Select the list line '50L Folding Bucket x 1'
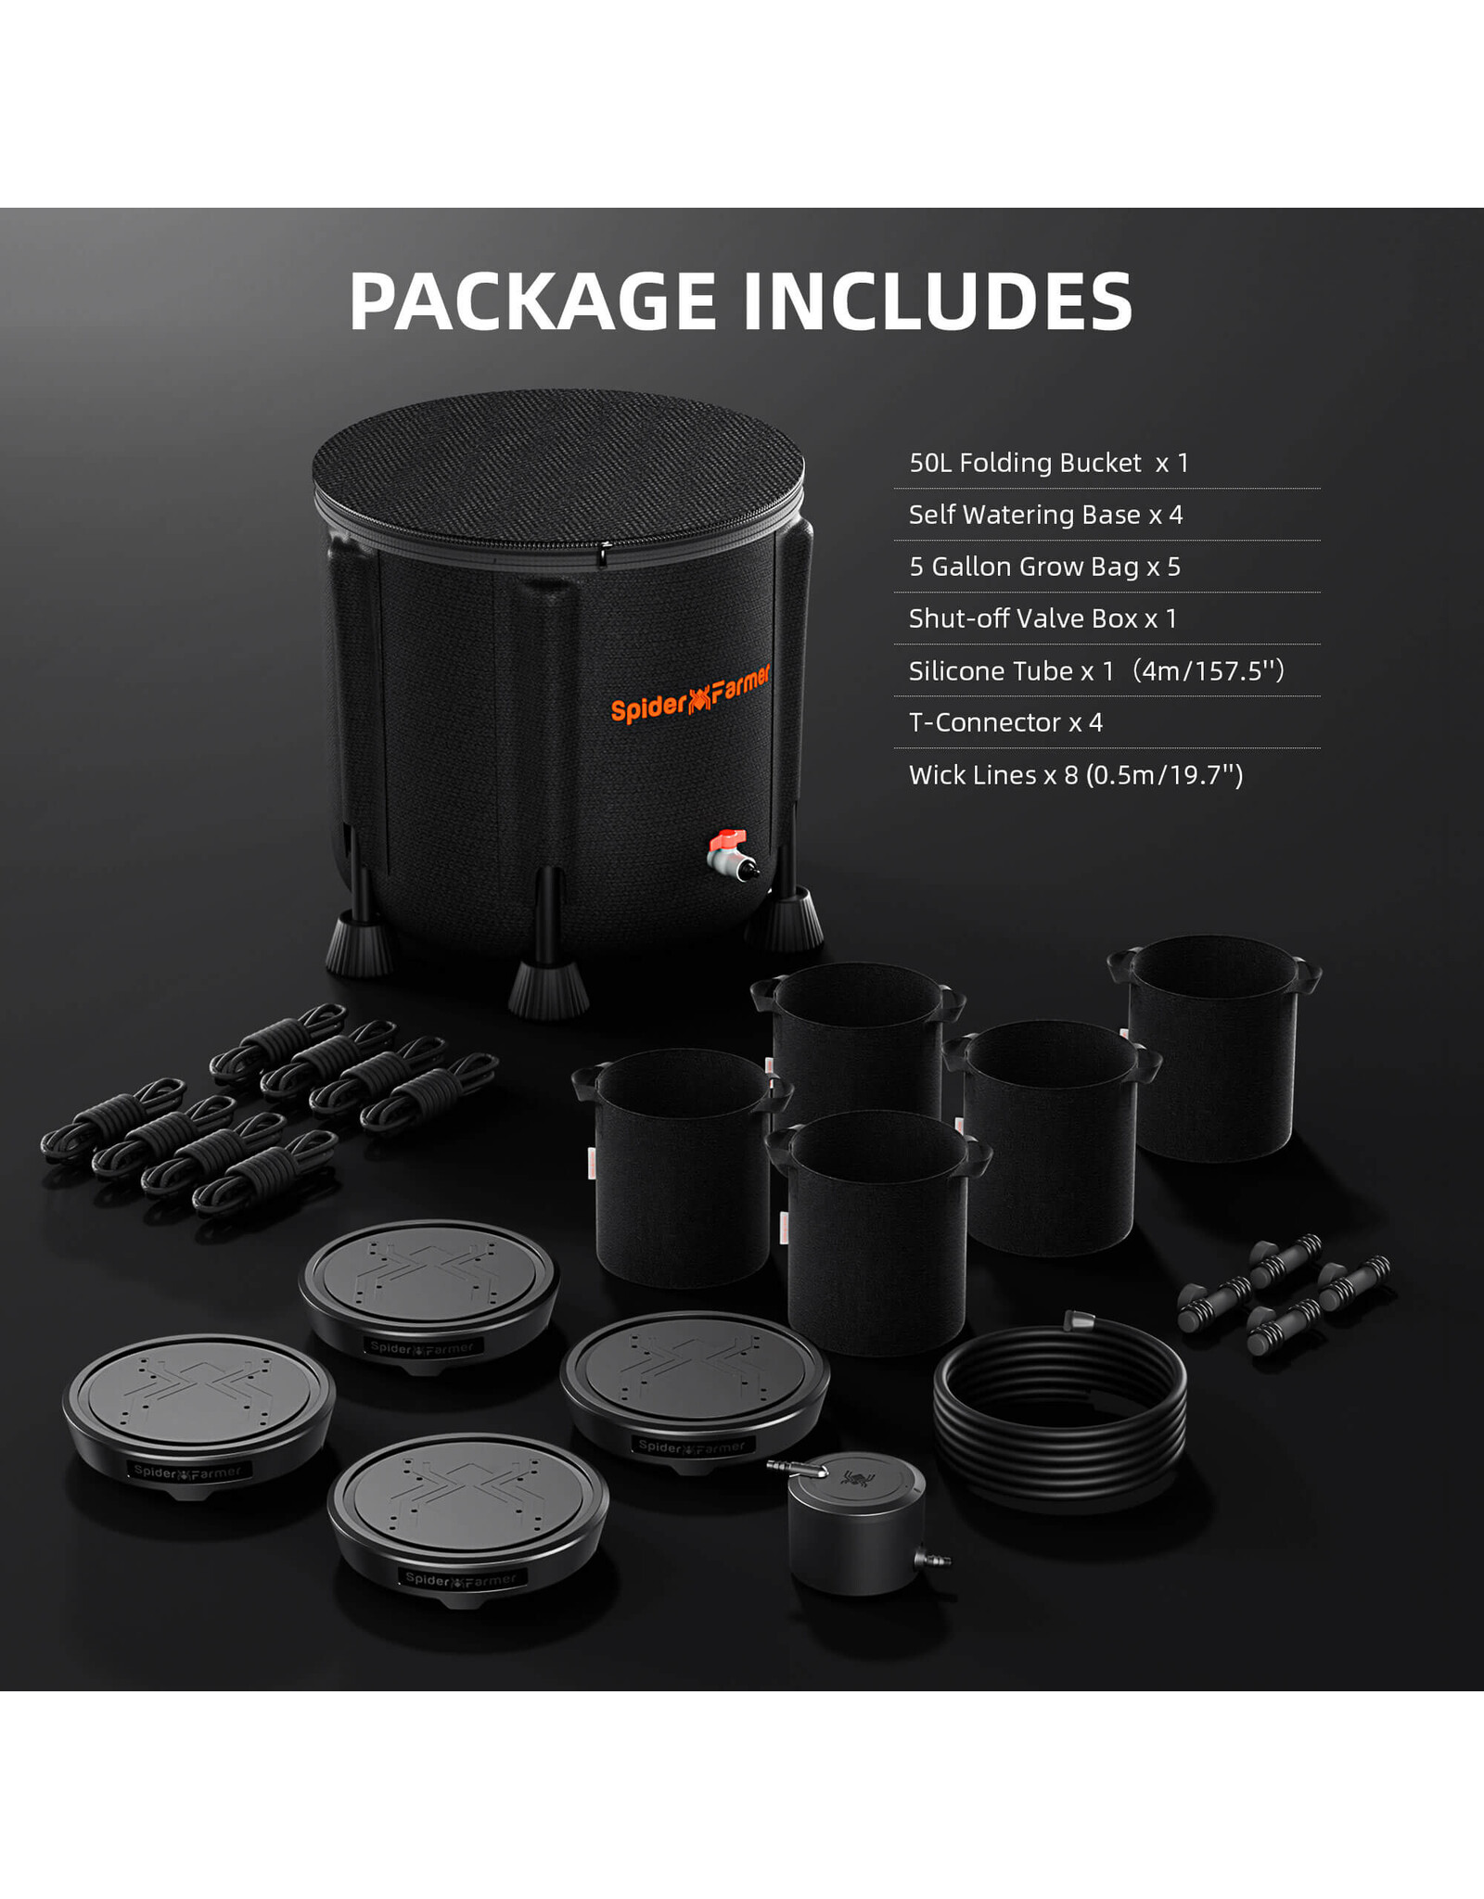point(1048,463)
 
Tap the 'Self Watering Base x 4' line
point(1045,515)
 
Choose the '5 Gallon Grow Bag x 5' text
point(1044,567)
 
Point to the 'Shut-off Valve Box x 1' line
point(1043,618)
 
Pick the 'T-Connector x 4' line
point(1005,722)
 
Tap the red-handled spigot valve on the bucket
point(732,854)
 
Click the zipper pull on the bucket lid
point(603,556)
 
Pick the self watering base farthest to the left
point(198,1416)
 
